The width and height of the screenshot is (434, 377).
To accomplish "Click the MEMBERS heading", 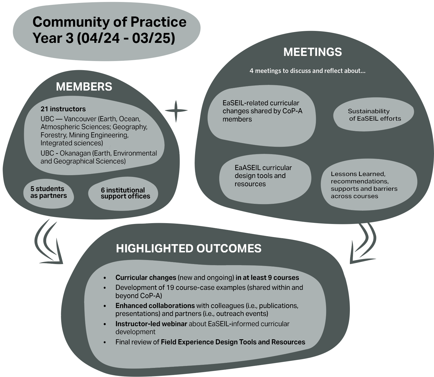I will click(84, 87).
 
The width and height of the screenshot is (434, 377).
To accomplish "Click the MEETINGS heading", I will click(312, 52).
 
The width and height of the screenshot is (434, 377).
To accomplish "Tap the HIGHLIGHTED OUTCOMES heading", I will click(188, 248).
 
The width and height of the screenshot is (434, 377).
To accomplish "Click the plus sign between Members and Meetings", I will click(176, 111).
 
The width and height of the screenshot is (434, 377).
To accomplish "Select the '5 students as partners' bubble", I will click(48, 192).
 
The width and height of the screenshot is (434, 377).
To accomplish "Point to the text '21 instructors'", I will click(63, 109).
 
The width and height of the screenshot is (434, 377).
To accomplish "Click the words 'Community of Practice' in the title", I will click(109, 22).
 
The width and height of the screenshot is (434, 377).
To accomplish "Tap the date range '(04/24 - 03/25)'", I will click(126, 38).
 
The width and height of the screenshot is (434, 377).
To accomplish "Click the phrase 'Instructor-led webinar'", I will click(151, 324).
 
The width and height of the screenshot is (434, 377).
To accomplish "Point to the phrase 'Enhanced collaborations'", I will click(155, 306).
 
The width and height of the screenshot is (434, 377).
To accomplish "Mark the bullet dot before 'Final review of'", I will click(105, 342).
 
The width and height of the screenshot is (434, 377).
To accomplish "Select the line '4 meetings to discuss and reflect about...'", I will click(307, 71).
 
